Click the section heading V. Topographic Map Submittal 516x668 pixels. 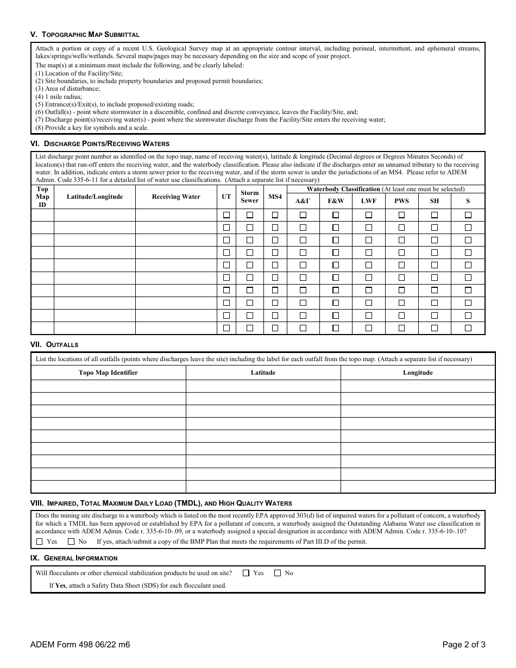point(85,34)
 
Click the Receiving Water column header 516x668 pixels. point(176,197)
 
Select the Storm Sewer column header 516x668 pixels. point(250,197)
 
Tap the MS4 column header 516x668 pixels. point(275,197)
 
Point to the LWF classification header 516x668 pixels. point(369,200)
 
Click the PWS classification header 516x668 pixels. point(401,200)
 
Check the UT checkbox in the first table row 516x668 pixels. point(226,215)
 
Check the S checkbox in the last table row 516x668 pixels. point(468,328)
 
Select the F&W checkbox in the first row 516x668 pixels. point(336,215)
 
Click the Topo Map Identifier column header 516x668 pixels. point(108,373)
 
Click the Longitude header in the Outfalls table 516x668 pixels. point(418,373)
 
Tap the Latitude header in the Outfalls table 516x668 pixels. point(263,373)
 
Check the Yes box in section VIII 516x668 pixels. point(39,541)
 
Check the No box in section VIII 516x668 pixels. point(71,541)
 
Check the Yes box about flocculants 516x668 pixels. point(246,573)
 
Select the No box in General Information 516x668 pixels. point(278,573)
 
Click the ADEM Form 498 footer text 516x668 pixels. point(80,645)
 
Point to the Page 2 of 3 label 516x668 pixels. point(463,645)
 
